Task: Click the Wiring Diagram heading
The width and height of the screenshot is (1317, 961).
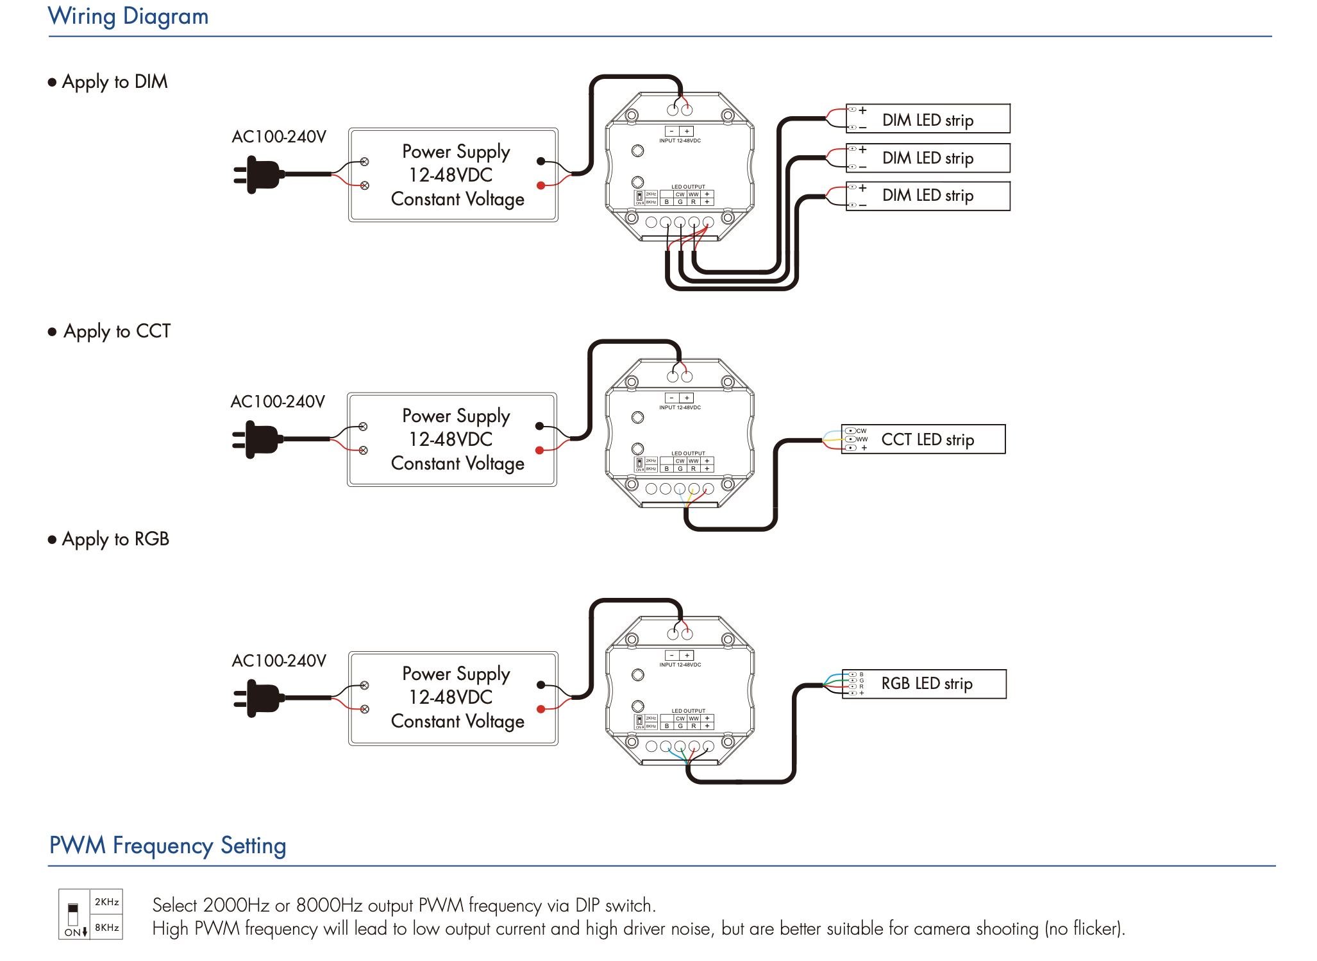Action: [128, 16]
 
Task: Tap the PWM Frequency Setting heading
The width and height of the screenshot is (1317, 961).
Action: [167, 846]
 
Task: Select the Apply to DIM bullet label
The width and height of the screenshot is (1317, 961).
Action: [115, 82]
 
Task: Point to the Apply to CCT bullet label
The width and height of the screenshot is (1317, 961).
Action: [117, 332]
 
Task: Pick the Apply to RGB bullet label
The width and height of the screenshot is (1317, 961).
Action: [115, 540]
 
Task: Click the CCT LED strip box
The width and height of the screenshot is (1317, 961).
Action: [923, 439]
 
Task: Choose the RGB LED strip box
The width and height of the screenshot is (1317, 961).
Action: [924, 684]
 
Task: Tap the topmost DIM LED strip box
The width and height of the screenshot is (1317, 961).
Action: [928, 119]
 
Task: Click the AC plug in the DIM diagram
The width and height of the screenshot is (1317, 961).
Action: [259, 174]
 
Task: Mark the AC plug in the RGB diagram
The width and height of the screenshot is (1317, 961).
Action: [259, 698]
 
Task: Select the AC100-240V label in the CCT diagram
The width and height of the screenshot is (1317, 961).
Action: [278, 402]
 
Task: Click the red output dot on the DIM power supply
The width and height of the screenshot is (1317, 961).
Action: [541, 185]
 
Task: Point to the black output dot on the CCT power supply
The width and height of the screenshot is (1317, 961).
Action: [539, 426]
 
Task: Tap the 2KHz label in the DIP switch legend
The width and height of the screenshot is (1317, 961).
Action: [107, 902]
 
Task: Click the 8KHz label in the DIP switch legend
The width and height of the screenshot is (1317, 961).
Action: [107, 928]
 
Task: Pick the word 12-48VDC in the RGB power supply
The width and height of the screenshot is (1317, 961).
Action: [451, 697]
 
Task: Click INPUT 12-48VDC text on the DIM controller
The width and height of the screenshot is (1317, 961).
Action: [680, 141]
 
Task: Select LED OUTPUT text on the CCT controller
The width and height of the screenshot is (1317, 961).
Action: [688, 454]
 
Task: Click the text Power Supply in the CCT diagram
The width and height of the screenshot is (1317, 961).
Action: [456, 416]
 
